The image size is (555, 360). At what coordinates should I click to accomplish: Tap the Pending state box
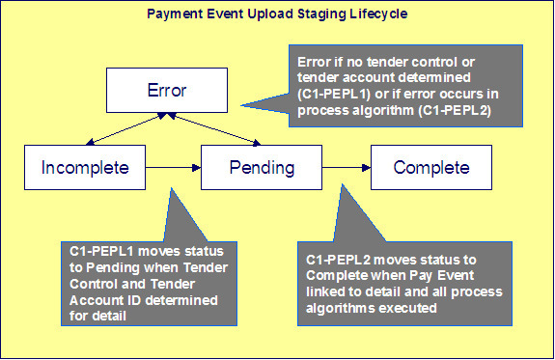(x=262, y=167)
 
